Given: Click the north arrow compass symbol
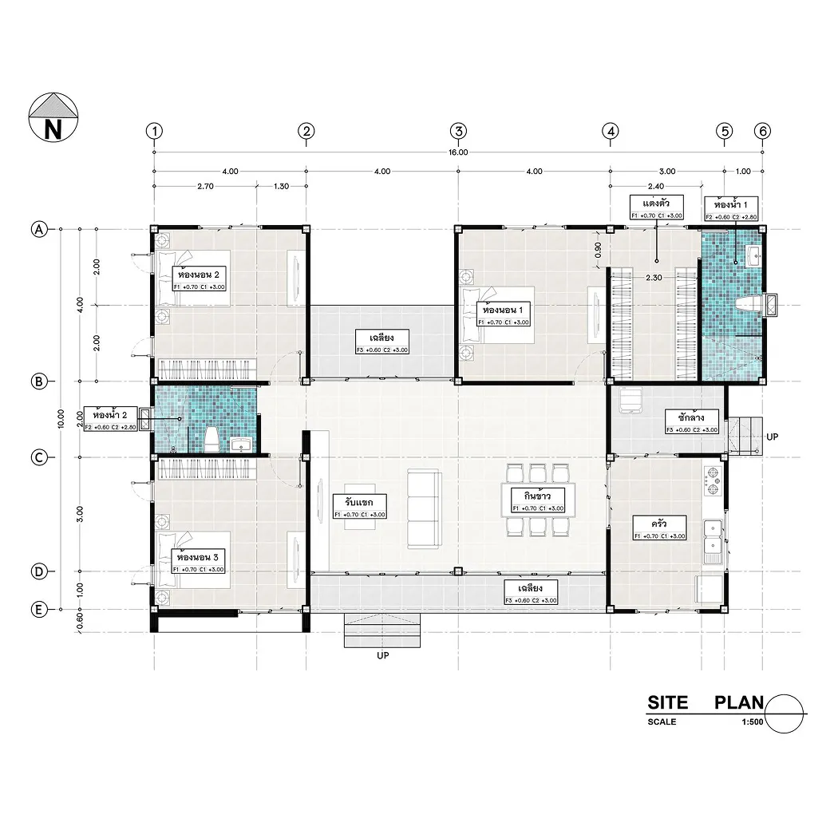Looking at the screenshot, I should coord(53,117).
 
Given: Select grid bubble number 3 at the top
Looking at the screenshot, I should coord(457,130).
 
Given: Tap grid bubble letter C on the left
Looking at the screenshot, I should coord(38,457).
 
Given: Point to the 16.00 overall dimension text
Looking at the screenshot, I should coord(458,152).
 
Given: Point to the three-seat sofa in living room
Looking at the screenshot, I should coord(424,509).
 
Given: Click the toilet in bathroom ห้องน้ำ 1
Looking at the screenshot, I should coord(745,306).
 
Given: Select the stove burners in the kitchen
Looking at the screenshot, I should coord(712,477).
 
